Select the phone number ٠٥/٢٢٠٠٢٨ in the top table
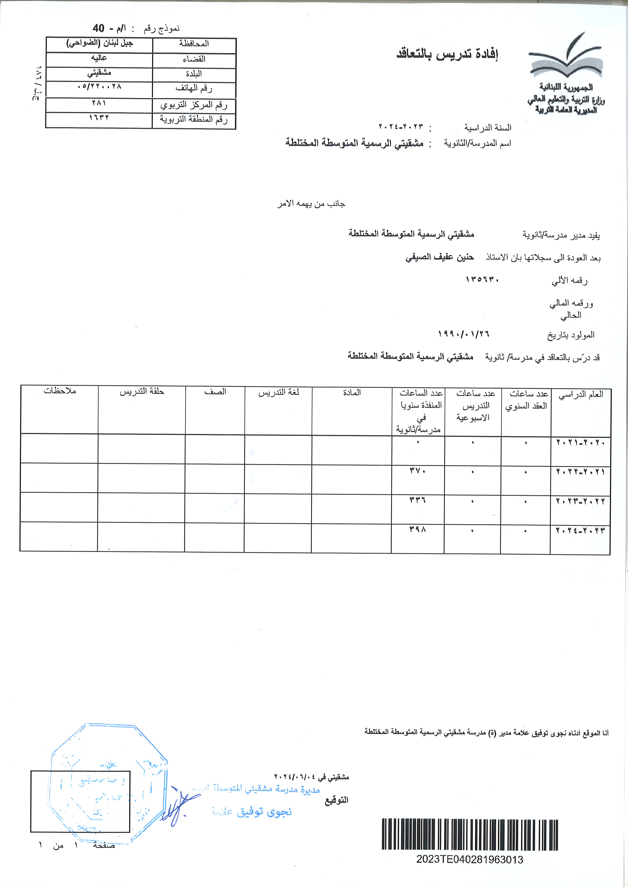point(99,86)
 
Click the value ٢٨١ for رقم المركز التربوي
point(99,103)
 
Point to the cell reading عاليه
point(99,58)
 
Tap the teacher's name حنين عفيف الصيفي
point(439,257)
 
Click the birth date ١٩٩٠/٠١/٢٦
point(464,334)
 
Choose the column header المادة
point(352,393)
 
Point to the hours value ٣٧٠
point(418,471)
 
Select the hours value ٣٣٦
point(418,500)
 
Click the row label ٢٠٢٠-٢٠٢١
point(580,442)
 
